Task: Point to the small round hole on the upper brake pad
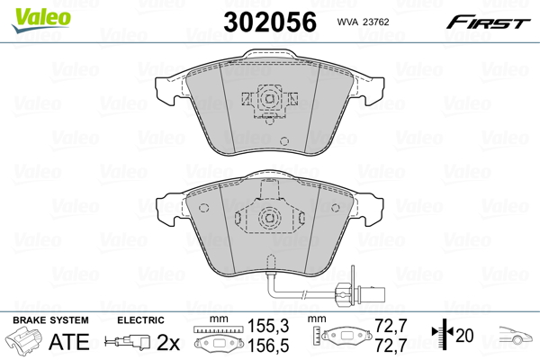[x=283, y=140]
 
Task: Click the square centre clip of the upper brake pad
[x=267, y=100]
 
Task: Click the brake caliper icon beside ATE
[x=28, y=343]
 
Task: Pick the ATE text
[x=68, y=343]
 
